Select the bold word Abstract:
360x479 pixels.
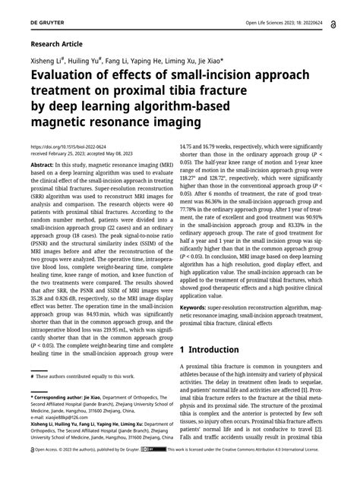pos(44,164)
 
